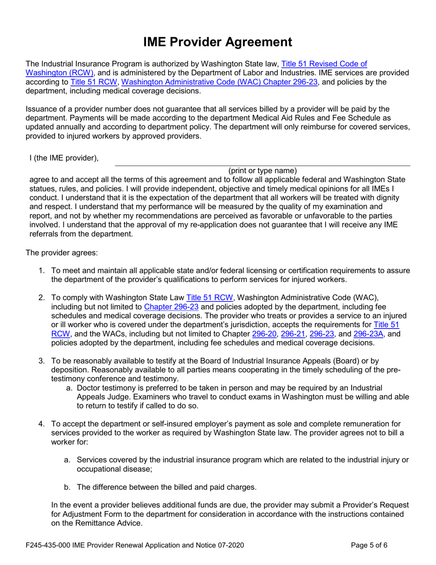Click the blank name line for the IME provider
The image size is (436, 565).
pos(262,162)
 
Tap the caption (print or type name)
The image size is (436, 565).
pos(262,170)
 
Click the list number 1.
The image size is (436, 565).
pos(41,271)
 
